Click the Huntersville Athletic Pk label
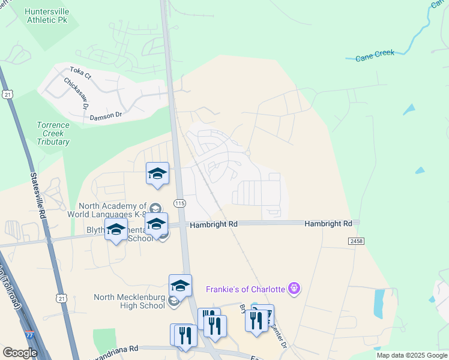(47, 16)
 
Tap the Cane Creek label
(375, 55)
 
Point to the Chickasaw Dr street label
(76, 94)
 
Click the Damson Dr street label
(106, 117)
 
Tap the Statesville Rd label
(37, 196)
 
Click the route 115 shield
(180, 203)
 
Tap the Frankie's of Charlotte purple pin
(294, 289)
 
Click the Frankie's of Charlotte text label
(245, 289)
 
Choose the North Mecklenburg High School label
(129, 301)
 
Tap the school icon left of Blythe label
(116, 230)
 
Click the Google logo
(20, 353)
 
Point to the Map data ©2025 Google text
(412, 355)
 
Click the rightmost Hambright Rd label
(328, 223)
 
